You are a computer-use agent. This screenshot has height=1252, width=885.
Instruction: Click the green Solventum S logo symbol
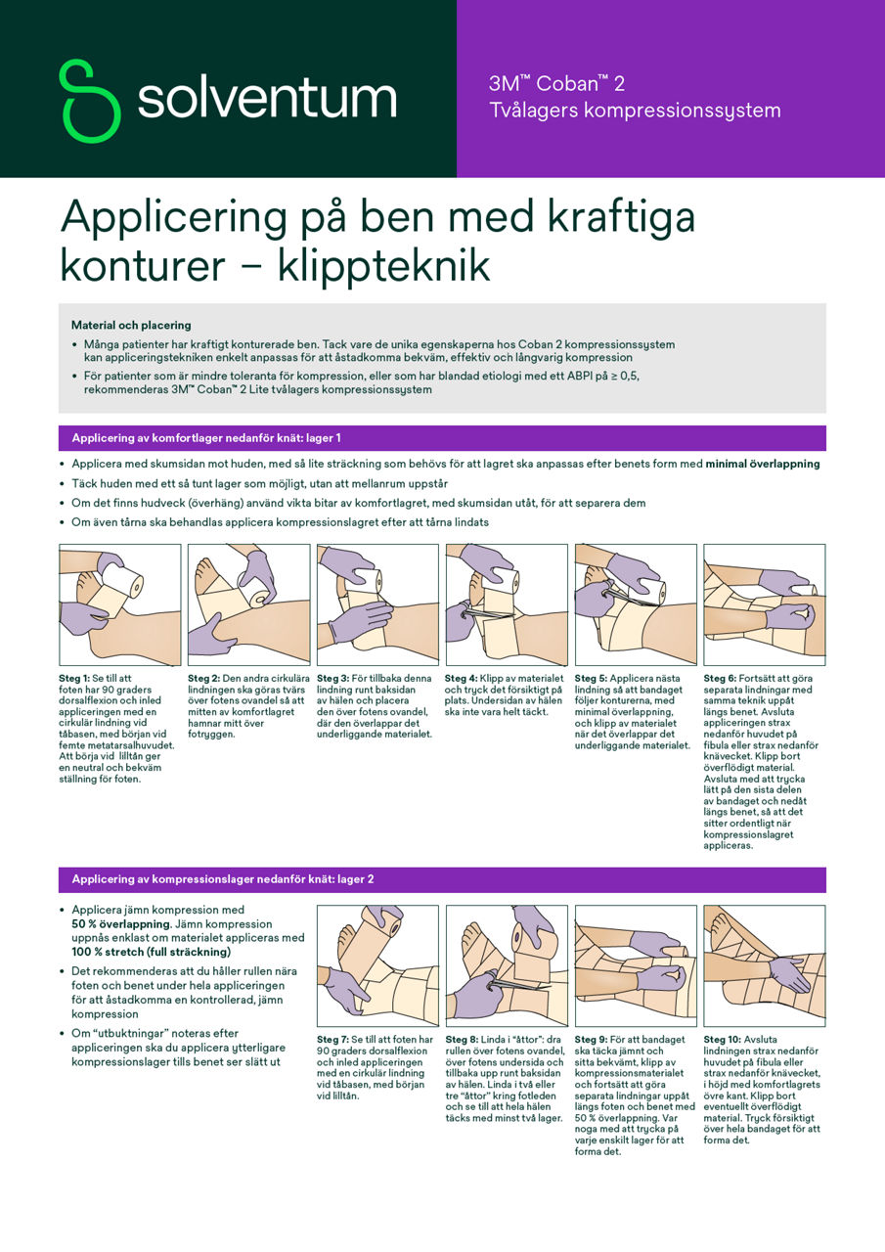(89, 100)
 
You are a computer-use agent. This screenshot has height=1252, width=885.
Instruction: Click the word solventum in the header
(266, 99)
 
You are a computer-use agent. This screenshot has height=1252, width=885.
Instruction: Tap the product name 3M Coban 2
(556, 84)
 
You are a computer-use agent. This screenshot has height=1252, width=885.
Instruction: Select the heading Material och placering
(131, 325)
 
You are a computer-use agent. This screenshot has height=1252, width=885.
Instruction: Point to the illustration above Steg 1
(119, 604)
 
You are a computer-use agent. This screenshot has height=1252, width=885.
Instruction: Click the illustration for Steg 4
(506, 604)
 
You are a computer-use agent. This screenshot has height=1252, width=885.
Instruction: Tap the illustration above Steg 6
(764, 604)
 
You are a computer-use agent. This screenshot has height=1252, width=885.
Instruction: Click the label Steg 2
(203, 678)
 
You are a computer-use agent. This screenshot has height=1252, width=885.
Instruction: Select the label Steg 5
(591, 678)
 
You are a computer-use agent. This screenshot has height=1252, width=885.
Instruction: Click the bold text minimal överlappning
(763, 464)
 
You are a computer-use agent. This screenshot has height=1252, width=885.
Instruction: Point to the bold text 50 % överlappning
(121, 923)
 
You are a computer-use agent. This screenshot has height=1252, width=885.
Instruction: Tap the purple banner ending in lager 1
(442, 438)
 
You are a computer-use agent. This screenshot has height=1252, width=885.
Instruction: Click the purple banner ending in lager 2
(442, 879)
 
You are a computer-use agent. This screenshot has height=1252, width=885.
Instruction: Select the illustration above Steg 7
(377, 965)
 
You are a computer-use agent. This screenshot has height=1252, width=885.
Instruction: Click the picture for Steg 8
(506, 965)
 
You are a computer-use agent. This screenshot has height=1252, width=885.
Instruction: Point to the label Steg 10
(723, 1039)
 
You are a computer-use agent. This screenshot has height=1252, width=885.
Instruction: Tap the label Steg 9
(591, 1039)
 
